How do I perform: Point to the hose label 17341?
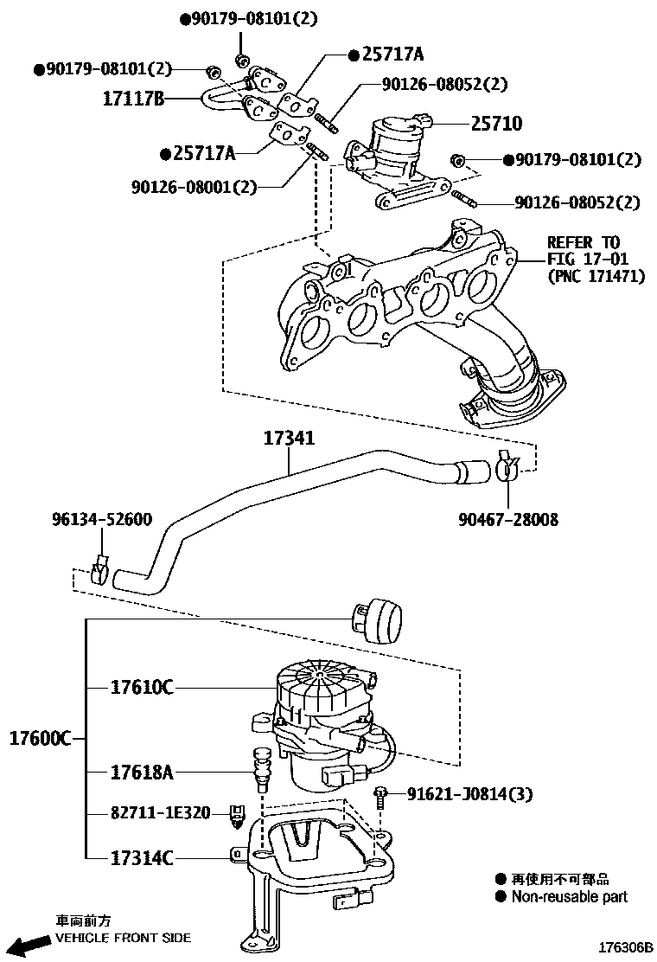(x=289, y=439)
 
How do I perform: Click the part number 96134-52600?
(x=101, y=520)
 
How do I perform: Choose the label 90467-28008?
(x=507, y=520)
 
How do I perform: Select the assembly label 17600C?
(x=40, y=739)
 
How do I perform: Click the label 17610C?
(x=142, y=688)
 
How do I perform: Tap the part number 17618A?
(x=142, y=770)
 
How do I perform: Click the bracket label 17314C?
(x=142, y=857)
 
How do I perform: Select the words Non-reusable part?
(x=569, y=897)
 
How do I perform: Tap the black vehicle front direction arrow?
(x=26, y=942)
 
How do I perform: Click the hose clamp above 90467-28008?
(x=507, y=468)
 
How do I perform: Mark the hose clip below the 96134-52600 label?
(x=101, y=572)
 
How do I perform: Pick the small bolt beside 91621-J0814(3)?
(x=380, y=797)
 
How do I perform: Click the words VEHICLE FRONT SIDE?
(x=123, y=938)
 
